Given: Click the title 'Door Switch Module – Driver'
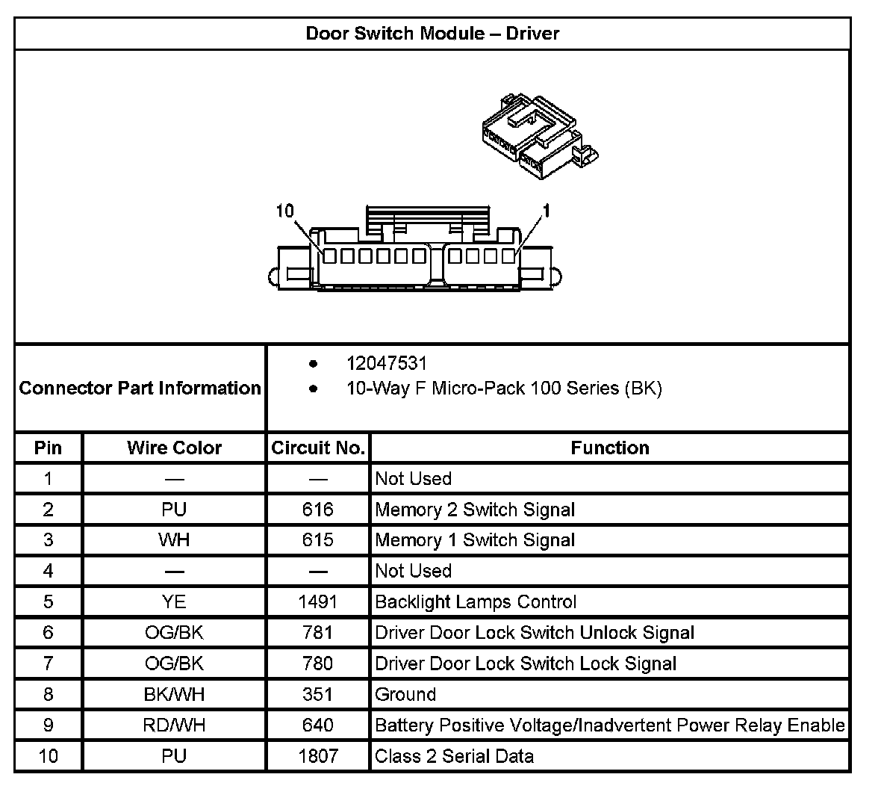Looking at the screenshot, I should coord(432,34).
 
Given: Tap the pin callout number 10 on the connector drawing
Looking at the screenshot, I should coord(285,211).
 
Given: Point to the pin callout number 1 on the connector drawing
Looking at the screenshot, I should coord(546,211).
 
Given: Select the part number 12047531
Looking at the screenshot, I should coord(386,364).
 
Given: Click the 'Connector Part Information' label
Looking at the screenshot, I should coord(140,388).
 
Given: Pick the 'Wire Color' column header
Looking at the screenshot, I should coord(174,448).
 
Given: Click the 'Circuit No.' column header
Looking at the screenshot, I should coord(317,448).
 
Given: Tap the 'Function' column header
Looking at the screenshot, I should coord(609,448).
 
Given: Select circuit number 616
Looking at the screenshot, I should coord(317,510).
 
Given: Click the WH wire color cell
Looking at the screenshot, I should coord(174,540).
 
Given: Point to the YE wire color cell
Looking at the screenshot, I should coord(174,601).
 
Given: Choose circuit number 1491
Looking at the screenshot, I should coord(317,601).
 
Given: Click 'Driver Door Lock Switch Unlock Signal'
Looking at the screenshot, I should coord(535,633).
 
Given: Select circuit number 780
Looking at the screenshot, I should coord(317,663).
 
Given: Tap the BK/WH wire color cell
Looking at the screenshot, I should coord(174,694).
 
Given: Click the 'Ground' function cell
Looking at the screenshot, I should coord(405,694).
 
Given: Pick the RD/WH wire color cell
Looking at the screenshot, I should coord(174,725).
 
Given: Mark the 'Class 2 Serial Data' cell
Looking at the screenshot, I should coord(454,756).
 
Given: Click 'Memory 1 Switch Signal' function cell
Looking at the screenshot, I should coord(475,540).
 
